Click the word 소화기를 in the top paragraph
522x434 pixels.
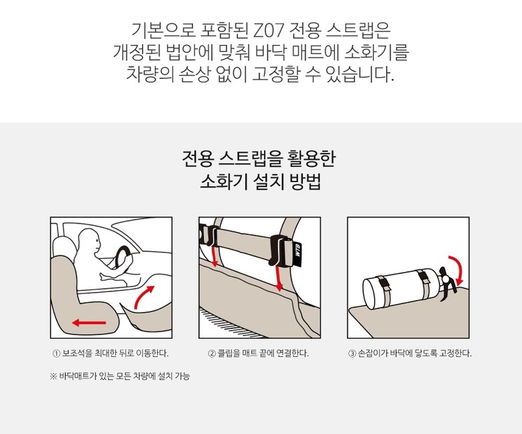point(377,52)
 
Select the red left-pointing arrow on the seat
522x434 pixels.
point(89,322)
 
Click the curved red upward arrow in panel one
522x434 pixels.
point(144,297)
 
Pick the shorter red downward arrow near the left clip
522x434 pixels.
point(214,257)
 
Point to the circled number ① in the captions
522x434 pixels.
point(56,354)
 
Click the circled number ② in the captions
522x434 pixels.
point(211,354)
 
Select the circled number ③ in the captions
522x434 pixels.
point(352,354)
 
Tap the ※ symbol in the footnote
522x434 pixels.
point(54,376)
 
